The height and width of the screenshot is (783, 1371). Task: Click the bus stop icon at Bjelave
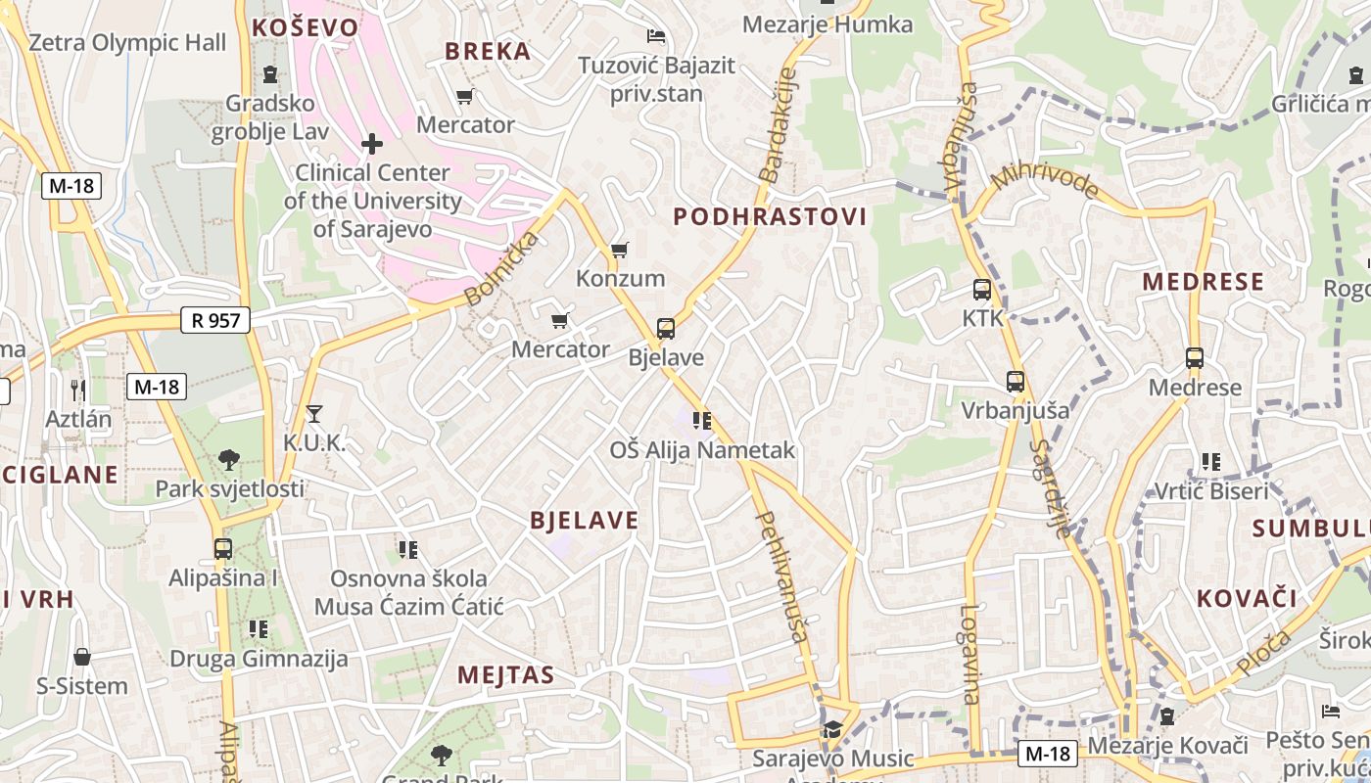click(x=666, y=328)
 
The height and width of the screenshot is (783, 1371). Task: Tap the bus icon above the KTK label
click(x=982, y=290)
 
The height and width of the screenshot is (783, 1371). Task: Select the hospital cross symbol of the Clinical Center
click(x=372, y=145)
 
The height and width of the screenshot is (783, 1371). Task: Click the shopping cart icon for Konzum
click(x=619, y=250)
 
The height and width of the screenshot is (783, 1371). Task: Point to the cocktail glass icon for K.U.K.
click(x=313, y=413)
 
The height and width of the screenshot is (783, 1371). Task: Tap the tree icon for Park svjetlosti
click(x=229, y=459)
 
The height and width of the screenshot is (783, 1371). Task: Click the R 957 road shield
click(x=215, y=320)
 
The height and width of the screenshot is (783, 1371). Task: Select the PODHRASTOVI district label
click(x=770, y=217)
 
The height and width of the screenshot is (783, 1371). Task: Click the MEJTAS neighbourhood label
click(x=505, y=674)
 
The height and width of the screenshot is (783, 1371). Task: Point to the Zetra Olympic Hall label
click(x=127, y=43)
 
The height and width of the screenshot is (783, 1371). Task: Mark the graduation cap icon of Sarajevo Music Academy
click(x=832, y=729)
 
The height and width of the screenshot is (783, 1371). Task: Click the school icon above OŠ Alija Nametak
click(x=702, y=421)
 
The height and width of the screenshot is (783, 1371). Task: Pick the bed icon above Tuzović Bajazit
click(x=656, y=37)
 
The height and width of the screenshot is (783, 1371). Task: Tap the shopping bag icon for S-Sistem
click(x=82, y=656)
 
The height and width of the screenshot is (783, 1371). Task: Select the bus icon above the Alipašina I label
click(x=223, y=548)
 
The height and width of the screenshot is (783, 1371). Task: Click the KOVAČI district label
click(x=1246, y=598)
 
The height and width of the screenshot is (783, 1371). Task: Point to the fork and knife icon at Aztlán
click(x=78, y=390)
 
